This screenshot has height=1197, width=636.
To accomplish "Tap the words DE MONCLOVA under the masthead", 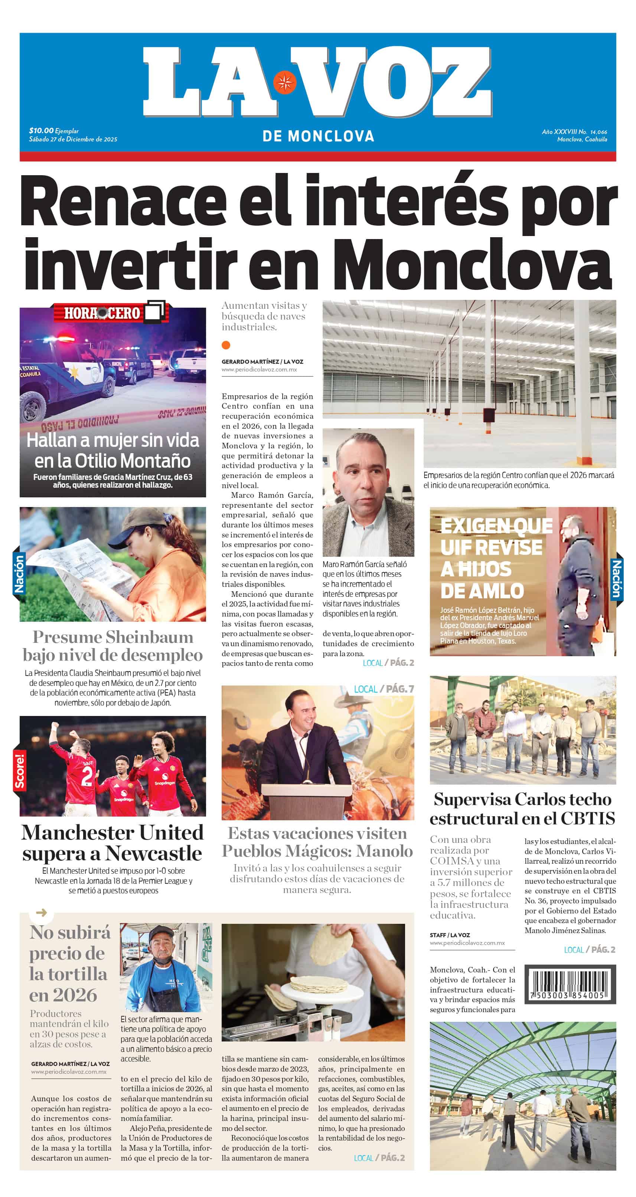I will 318,136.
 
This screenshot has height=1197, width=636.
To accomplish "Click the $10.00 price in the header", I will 41,131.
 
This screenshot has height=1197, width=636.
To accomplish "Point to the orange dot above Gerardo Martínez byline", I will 226,345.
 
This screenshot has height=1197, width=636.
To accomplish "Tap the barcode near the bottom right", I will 570,984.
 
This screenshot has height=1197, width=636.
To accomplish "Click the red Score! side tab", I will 19,771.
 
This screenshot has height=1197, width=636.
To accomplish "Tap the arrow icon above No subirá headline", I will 41,913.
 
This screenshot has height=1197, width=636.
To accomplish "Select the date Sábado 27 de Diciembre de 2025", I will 73,139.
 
